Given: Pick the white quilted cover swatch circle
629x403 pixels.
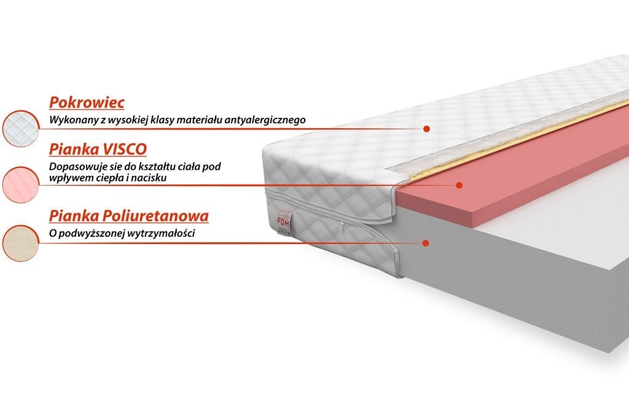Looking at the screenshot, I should pos(20,129).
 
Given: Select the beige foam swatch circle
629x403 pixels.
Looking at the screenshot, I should pos(20,243).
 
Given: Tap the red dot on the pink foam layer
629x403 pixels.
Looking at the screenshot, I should pos(459,185).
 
